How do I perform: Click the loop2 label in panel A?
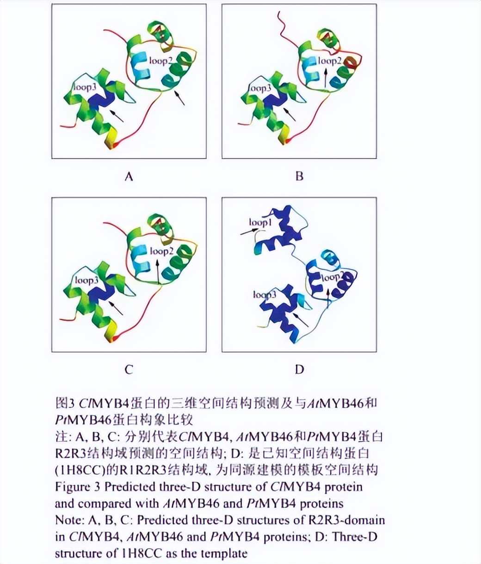[160, 60]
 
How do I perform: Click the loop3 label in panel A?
[87, 88]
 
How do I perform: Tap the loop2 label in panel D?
[331, 277]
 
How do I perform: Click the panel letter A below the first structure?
[129, 176]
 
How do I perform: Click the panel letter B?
[299, 176]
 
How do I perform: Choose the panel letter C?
[129, 369]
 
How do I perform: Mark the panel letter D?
[299, 369]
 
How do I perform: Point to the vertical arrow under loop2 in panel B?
[326, 78]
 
